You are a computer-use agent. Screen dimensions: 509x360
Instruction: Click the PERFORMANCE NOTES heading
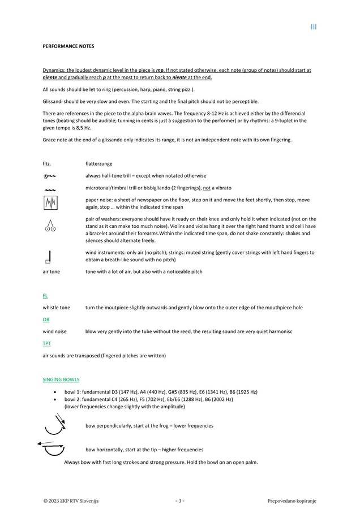[68, 45]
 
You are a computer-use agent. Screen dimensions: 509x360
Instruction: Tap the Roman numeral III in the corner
[314, 27]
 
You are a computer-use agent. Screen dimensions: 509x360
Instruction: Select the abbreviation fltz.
[47, 163]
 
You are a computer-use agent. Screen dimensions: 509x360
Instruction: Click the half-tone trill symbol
[49, 176]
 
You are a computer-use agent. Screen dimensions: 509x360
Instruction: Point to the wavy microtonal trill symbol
[49, 188]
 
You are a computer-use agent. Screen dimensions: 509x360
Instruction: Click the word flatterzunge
[98, 163]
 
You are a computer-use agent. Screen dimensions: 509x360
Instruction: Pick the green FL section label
[45, 295]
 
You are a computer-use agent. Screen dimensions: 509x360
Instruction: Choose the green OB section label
[46, 320]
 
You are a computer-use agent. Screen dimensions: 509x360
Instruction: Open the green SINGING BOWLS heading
[61, 379]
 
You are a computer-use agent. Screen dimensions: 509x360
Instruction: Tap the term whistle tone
[57, 308]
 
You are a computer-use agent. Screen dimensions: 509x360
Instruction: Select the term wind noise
[55, 331]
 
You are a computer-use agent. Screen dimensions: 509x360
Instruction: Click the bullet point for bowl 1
[54, 392]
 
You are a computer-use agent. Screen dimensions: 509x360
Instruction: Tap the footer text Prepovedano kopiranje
[292, 501]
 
